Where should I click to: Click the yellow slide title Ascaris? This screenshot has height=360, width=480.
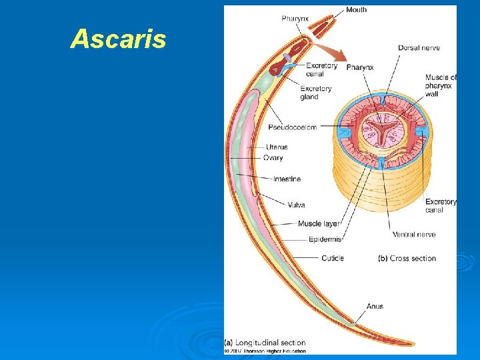click(x=118, y=39)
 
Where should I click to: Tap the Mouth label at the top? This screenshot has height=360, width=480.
click(x=356, y=9)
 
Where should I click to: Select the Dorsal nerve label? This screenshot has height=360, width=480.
click(x=419, y=48)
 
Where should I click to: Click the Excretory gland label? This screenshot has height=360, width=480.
click(x=316, y=93)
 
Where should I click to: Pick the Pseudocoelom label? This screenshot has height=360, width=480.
click(x=292, y=127)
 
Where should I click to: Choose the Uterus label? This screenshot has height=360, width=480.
click(x=277, y=147)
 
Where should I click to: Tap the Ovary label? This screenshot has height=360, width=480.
click(x=273, y=158)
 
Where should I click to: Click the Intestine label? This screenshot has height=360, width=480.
click(x=287, y=179)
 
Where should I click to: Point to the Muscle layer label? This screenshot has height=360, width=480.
click(x=319, y=224)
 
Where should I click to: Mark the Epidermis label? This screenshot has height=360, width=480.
click(x=325, y=239)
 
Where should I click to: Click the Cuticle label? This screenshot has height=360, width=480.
click(x=332, y=258)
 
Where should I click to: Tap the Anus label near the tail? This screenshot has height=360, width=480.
click(x=375, y=306)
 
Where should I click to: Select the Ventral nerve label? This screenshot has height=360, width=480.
click(x=414, y=234)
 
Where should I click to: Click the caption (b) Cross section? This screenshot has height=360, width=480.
click(x=407, y=258)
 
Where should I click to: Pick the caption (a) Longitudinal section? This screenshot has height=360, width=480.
click(x=265, y=343)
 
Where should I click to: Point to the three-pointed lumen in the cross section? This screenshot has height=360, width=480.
click(x=381, y=127)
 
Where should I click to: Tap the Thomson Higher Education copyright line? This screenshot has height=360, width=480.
click(x=265, y=351)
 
